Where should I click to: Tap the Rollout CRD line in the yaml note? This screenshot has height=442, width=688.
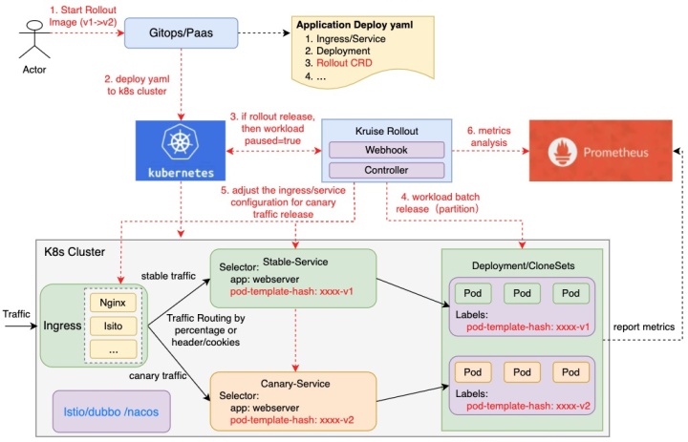coord(337,62)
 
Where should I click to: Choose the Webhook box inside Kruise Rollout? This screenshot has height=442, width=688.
coord(387,151)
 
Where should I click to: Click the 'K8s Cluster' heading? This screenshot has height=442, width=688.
coord(75,252)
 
